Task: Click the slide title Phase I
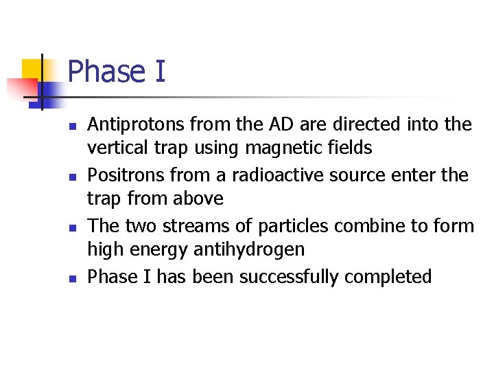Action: (117, 71)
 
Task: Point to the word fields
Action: (349, 148)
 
